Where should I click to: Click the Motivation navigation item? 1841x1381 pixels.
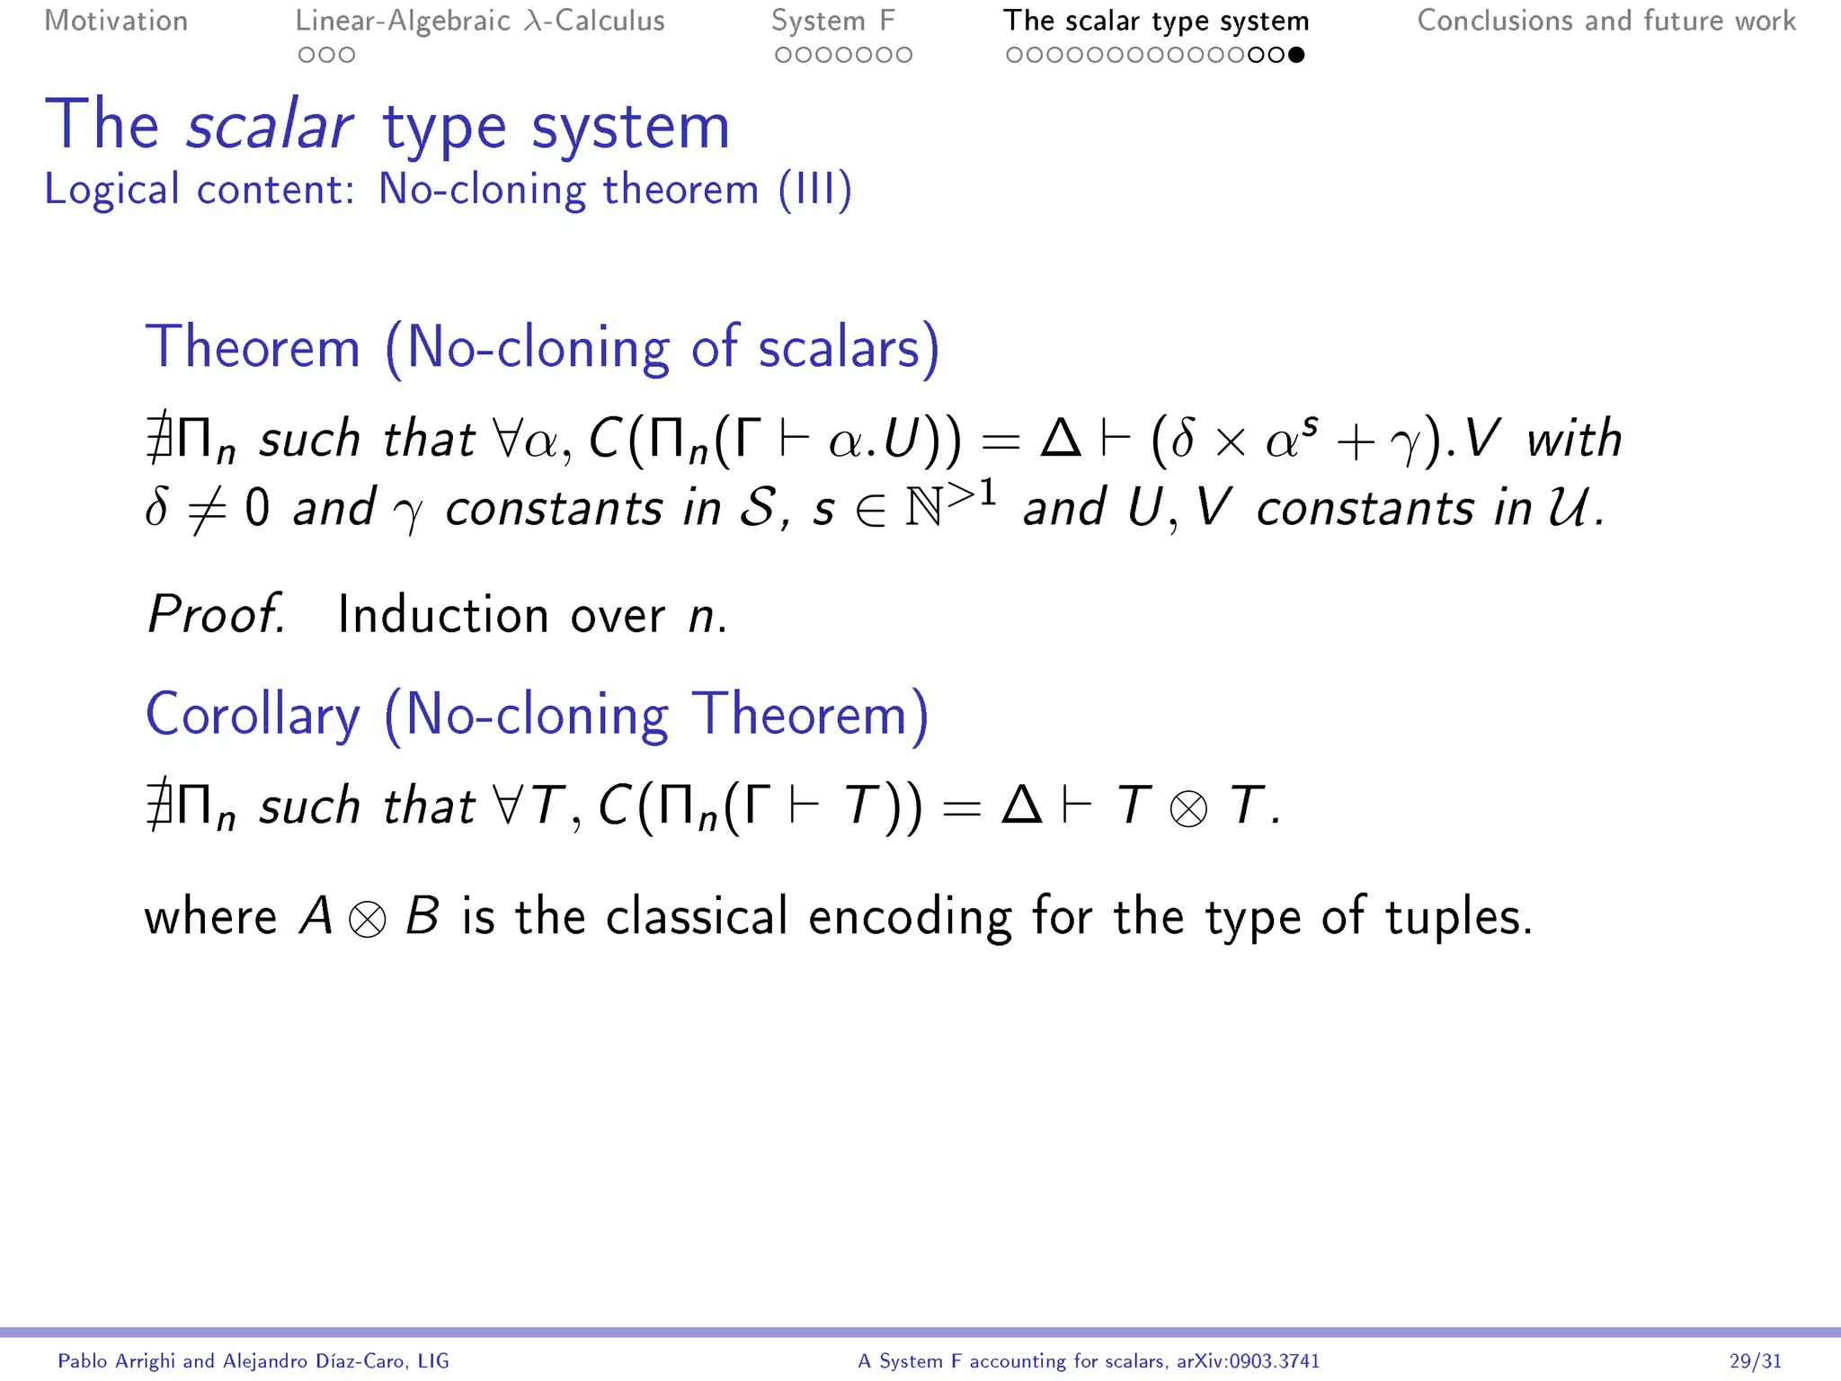[x=116, y=21]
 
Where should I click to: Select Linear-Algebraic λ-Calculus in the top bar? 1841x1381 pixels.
[x=480, y=21]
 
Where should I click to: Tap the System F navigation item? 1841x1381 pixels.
[x=832, y=21]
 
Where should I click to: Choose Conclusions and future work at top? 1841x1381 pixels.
[x=1605, y=21]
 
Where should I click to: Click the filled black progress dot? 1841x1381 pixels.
[x=1295, y=55]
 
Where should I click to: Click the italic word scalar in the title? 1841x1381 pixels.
[x=269, y=126]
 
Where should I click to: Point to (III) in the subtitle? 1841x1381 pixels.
[x=814, y=190]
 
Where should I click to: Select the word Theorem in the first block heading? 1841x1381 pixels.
[x=253, y=347]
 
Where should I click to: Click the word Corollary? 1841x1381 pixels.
[x=253, y=715]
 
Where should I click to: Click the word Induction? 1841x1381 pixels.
[x=442, y=615]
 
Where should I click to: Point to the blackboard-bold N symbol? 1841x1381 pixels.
[x=925, y=508]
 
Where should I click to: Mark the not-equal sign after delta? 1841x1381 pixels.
[x=206, y=509]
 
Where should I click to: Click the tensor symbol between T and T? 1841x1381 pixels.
[x=1188, y=807]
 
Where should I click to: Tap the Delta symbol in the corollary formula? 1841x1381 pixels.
[x=1021, y=805]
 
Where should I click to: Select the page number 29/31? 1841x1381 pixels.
[x=1755, y=1361]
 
